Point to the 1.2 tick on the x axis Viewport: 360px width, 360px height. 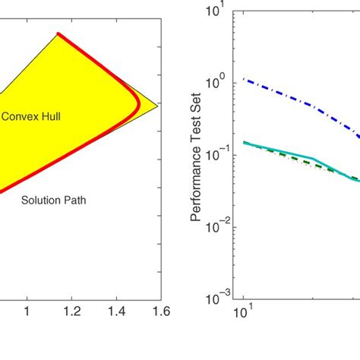[71, 311]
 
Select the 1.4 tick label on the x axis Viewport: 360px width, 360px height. [115, 311]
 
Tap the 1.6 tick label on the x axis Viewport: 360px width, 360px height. [159, 311]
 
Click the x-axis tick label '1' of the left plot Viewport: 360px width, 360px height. [28, 311]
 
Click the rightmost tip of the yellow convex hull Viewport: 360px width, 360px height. [159, 106]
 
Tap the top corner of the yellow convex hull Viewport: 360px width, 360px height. [58, 33]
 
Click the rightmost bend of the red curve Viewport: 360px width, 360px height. [140, 106]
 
